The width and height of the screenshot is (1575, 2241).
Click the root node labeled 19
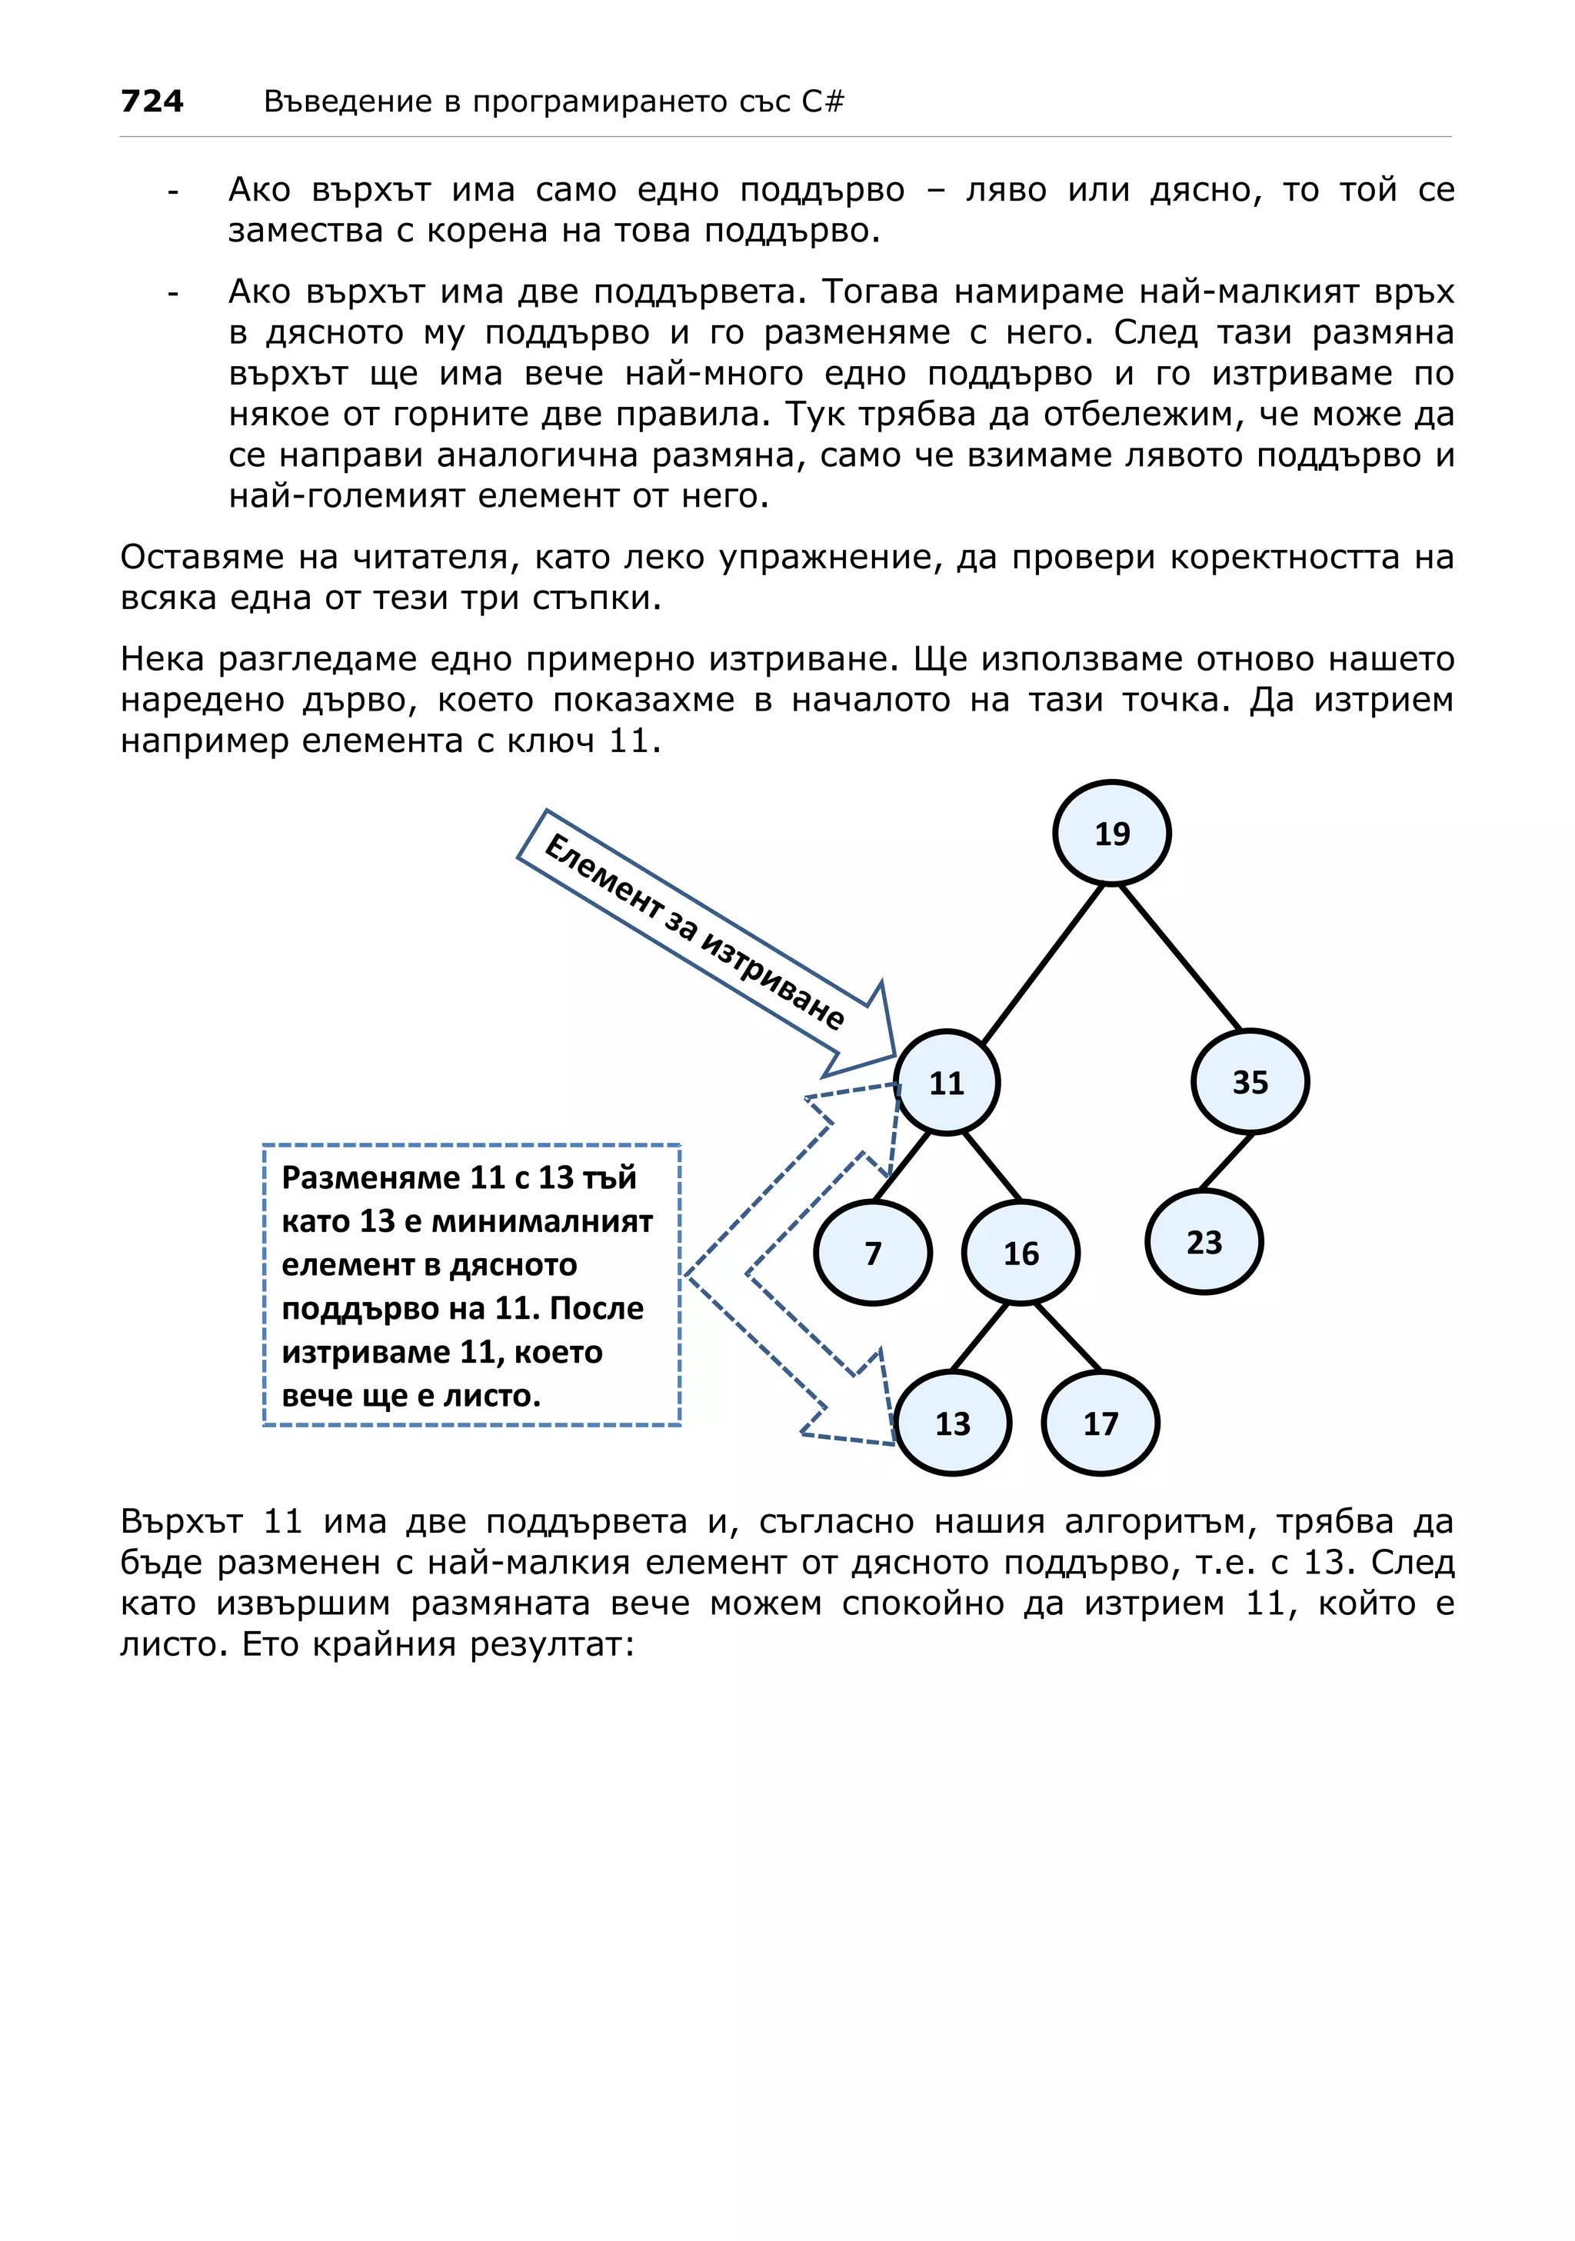(1110, 833)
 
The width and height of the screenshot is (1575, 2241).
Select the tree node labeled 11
(946, 1083)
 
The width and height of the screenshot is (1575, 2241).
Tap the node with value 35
(1249, 1081)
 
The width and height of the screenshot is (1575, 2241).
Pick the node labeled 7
(872, 1252)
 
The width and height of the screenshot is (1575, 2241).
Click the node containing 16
(1020, 1252)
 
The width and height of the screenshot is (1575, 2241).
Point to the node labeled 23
(1204, 1241)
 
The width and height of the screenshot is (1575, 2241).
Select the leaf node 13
(951, 1423)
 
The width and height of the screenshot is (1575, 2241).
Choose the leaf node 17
(1100, 1423)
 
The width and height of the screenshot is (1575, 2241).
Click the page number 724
(152, 101)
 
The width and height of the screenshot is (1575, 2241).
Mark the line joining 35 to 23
(1227, 1161)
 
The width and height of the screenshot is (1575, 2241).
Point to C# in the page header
(823, 101)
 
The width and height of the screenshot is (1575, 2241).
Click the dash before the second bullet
(173, 293)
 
